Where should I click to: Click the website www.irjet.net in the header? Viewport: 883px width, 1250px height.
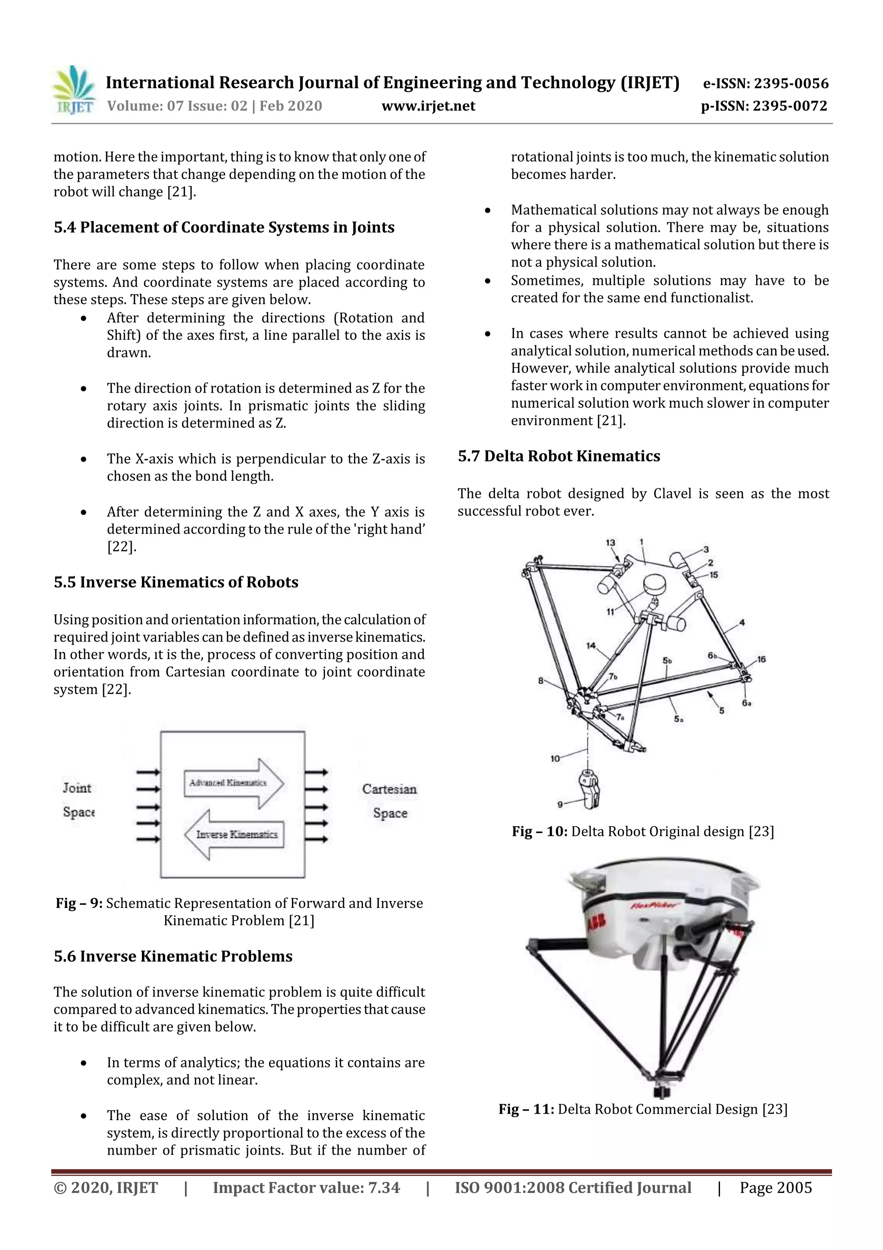428,106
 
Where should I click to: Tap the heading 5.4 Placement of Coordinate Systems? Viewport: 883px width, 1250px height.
224,227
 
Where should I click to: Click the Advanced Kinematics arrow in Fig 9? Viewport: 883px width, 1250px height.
233,784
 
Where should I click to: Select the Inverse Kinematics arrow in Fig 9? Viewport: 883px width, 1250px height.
235,834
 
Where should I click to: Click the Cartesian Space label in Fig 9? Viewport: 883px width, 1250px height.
389,801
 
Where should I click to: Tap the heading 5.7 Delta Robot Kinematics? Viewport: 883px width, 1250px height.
559,456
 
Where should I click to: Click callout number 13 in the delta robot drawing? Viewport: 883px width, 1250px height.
611,542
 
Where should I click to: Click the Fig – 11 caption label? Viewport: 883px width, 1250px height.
526,1109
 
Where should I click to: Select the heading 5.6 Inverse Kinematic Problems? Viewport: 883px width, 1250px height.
173,956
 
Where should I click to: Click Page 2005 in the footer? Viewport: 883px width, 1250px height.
775,1187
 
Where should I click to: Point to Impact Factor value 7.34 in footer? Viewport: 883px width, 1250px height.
306,1187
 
